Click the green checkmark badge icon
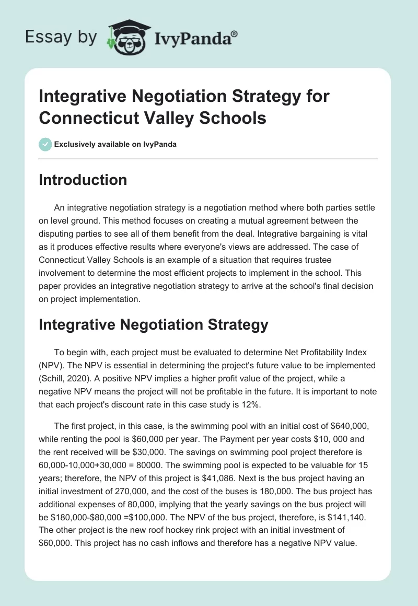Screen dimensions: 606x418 46,144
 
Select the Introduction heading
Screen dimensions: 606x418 83,180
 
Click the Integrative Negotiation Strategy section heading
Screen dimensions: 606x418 154,324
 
